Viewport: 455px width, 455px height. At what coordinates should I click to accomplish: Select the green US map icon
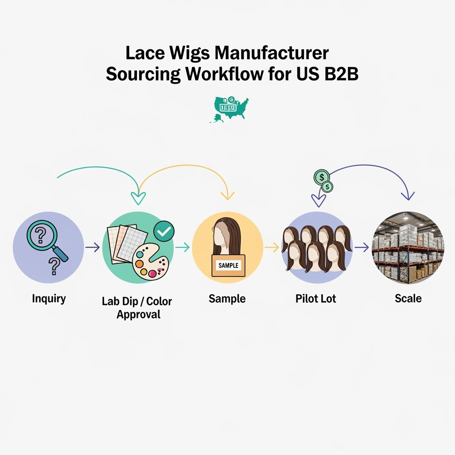tap(229, 108)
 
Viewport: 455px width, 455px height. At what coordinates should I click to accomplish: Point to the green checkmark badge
tap(164, 230)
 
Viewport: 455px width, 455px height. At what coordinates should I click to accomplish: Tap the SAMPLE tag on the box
tap(228, 265)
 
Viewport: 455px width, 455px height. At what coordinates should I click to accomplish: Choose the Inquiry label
tap(48, 299)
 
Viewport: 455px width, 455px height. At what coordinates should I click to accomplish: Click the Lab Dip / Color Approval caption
tap(137, 307)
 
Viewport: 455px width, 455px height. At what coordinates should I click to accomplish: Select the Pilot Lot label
tap(316, 299)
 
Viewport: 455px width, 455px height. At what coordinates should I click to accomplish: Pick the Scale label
tap(408, 298)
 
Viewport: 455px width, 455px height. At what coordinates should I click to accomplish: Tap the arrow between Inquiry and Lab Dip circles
tap(92, 247)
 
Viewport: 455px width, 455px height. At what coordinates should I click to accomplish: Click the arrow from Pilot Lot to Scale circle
tap(362, 247)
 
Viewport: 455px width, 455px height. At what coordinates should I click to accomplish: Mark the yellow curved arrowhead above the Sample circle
tap(228, 195)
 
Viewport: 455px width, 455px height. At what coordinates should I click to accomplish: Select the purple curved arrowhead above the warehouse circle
tap(407, 196)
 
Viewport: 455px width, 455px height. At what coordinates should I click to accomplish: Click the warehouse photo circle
tap(408, 247)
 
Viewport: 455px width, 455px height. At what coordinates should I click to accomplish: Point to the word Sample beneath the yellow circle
tap(227, 299)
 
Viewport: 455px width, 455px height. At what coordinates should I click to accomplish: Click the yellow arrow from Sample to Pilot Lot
tap(271, 247)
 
